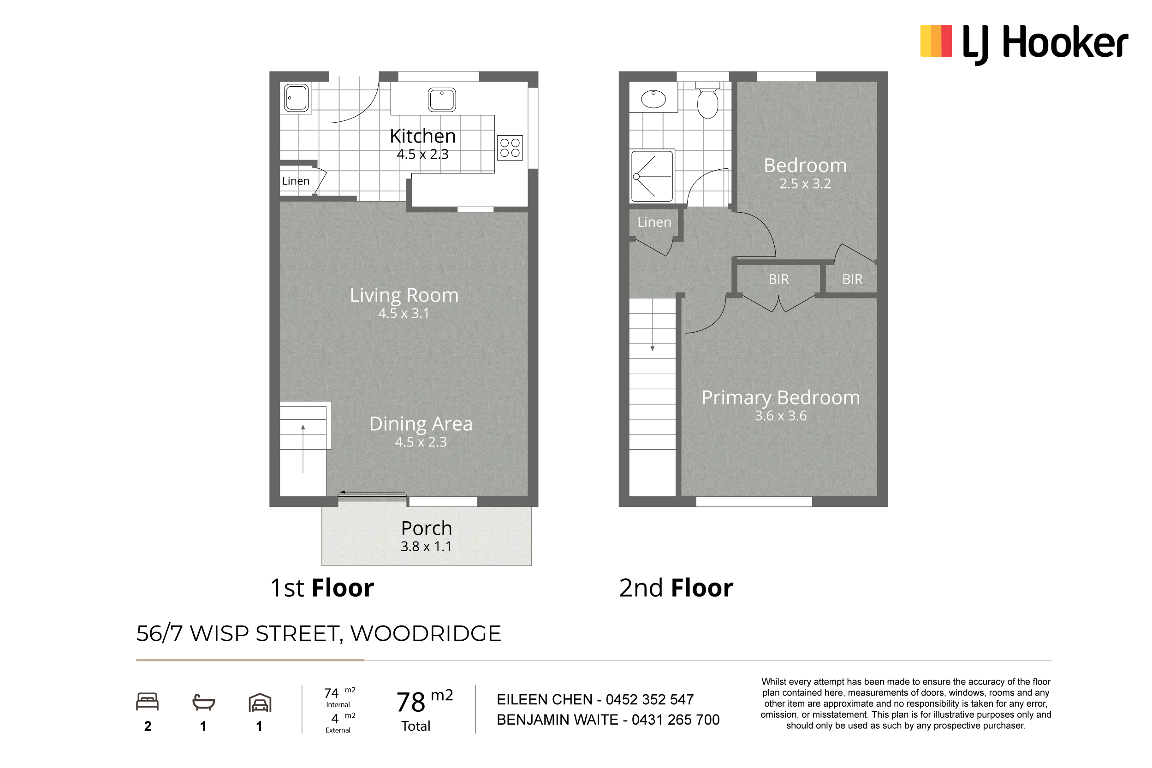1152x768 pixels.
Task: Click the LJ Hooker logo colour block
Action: click(x=936, y=41)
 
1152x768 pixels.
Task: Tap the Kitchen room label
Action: click(x=422, y=136)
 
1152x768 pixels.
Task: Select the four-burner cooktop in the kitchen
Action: click(x=510, y=148)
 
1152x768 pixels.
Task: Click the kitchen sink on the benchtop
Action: click(x=442, y=100)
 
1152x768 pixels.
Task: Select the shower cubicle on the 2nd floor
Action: click(x=652, y=176)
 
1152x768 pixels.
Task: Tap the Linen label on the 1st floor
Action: click(x=296, y=181)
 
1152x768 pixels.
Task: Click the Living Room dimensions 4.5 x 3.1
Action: click(x=404, y=314)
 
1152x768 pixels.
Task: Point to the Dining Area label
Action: click(x=421, y=424)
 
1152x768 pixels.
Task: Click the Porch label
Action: click(x=427, y=528)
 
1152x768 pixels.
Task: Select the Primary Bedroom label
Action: click(x=780, y=398)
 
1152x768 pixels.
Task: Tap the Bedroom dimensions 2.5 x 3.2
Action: click(x=805, y=184)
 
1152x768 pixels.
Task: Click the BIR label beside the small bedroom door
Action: click(x=852, y=279)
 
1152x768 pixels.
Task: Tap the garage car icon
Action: click(x=260, y=703)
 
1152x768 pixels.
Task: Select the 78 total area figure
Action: click(x=411, y=703)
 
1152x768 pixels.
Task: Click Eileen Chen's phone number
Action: click(x=650, y=699)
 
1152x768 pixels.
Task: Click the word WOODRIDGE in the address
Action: click(x=426, y=633)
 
